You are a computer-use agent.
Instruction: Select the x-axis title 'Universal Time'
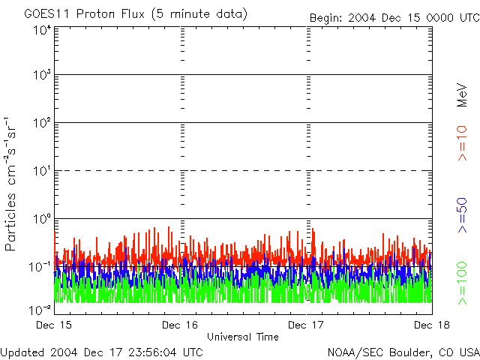click(x=243, y=337)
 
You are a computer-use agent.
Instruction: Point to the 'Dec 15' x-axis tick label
click(x=55, y=325)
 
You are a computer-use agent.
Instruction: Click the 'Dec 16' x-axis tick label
click(x=181, y=325)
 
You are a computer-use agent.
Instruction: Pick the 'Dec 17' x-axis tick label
click(x=307, y=325)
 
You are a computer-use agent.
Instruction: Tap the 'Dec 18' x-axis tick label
click(x=430, y=325)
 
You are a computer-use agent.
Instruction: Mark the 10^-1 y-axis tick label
click(x=40, y=266)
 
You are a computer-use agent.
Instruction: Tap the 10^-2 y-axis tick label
click(x=40, y=309)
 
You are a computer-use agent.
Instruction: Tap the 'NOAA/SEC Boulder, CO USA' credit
click(x=403, y=352)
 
